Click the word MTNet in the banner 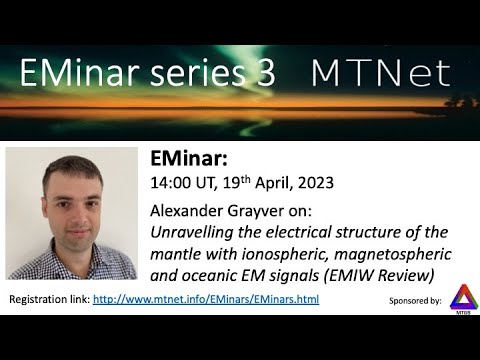pos(380,72)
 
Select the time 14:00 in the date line pos(171,183)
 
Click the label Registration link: pos(49,299)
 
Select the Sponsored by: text pos(413,300)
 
